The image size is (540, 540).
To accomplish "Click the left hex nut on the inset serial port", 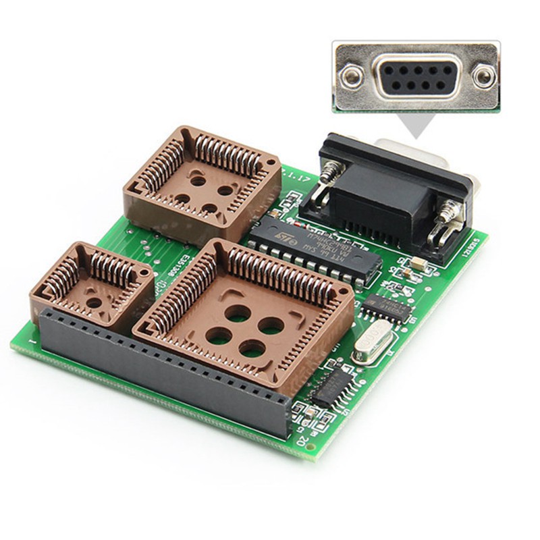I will point(352,76).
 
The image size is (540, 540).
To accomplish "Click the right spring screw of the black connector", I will point(447,217).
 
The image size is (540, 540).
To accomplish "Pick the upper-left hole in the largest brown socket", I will point(237,313).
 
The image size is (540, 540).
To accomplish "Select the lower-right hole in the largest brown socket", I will point(252,348).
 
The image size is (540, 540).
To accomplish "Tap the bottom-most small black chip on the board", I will point(331,389).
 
